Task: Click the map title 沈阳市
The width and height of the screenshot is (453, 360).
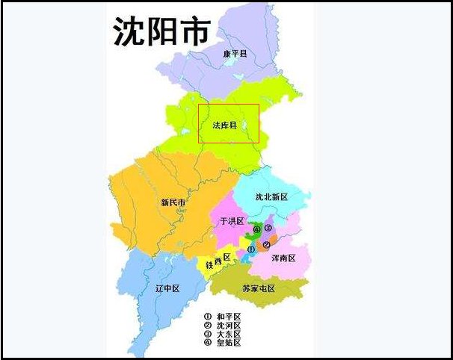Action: point(162,31)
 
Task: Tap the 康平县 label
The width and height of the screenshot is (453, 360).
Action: point(235,54)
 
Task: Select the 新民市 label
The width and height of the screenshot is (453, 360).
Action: point(173,202)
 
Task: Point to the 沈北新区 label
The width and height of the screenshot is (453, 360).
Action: point(271,197)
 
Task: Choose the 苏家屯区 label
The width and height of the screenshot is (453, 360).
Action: point(259,288)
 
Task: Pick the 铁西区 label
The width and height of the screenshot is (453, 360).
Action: point(219,261)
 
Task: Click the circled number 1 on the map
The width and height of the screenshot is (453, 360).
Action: point(251,249)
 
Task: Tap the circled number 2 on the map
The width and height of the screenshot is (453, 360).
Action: point(266,243)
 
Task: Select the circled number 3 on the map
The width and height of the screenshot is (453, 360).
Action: point(268,228)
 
